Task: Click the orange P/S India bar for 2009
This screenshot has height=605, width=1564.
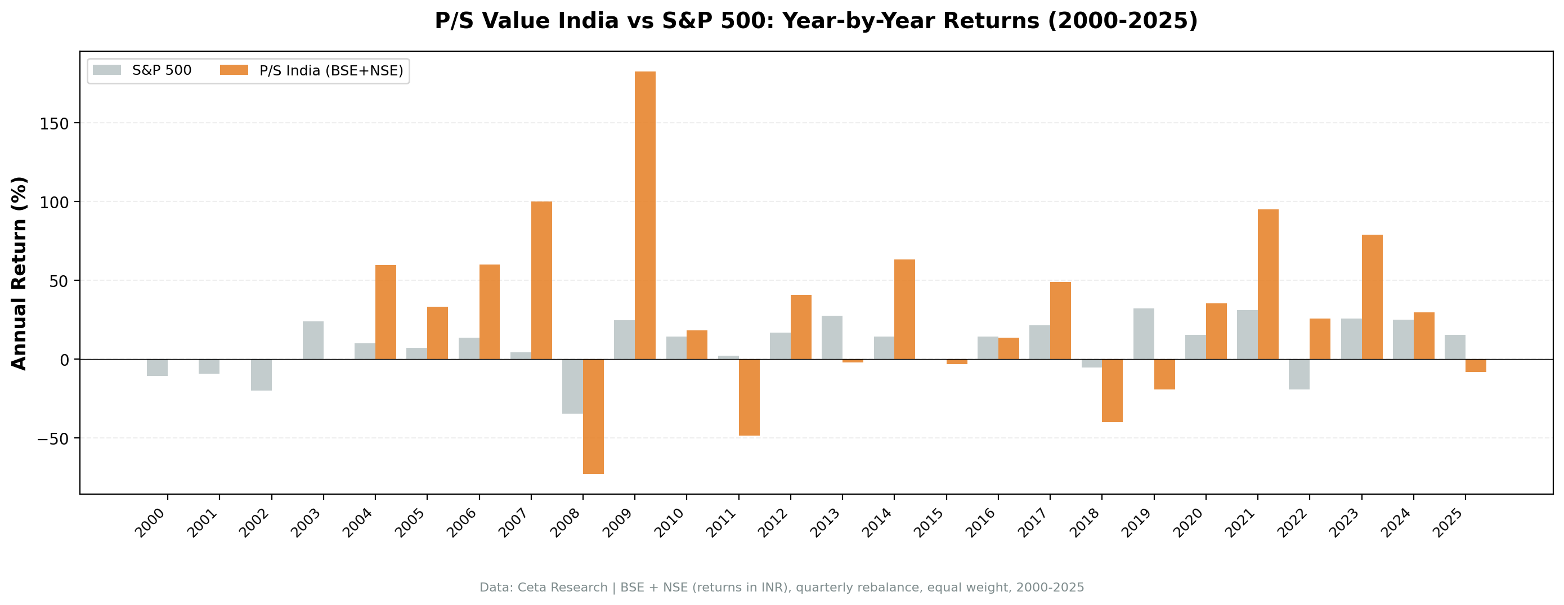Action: click(645, 215)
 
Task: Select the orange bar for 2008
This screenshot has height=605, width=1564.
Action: click(593, 416)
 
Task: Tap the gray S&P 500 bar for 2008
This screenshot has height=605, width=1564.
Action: click(572, 386)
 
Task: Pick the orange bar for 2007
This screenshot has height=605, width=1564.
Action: click(541, 280)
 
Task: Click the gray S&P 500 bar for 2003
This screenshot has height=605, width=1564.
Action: click(313, 340)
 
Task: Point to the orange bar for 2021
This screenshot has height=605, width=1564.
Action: click(1268, 284)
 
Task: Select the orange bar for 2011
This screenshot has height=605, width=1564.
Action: click(749, 397)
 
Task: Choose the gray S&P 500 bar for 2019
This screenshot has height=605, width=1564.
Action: click(1143, 334)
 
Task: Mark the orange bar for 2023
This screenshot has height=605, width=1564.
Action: click(1372, 297)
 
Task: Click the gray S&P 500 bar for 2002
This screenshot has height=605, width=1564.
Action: click(261, 375)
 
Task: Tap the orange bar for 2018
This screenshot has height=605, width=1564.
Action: click(1112, 391)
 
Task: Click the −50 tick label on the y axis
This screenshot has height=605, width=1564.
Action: click(53, 438)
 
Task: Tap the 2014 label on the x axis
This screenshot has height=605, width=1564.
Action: click(878, 522)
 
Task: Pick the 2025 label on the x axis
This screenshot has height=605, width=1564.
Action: click(1449, 522)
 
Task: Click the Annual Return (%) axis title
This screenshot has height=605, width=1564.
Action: click(20, 274)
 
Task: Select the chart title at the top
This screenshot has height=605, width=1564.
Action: click(816, 21)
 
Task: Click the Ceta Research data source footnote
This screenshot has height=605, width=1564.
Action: click(781, 588)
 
